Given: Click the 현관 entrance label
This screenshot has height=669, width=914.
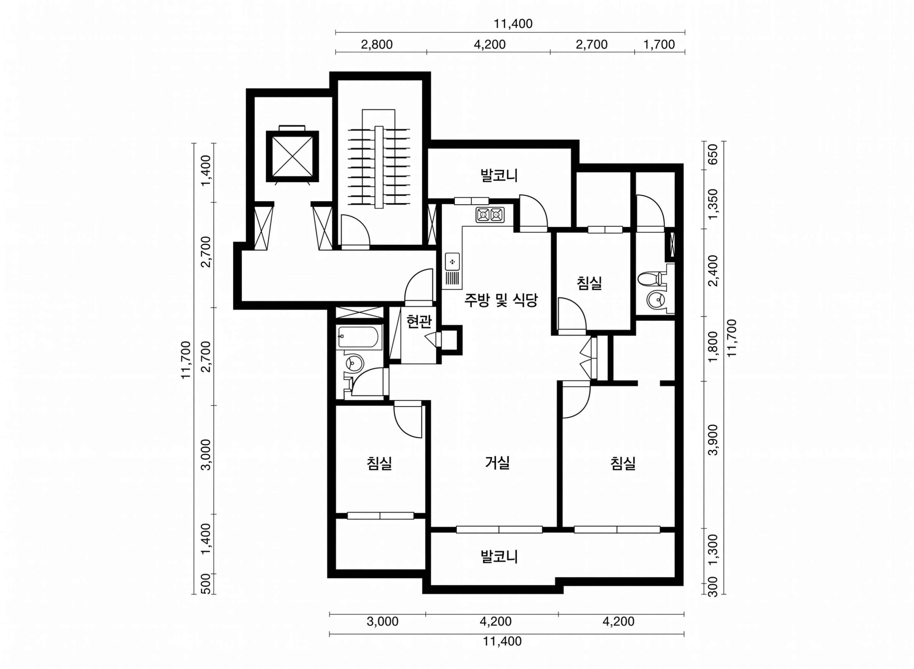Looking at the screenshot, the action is coord(419,322).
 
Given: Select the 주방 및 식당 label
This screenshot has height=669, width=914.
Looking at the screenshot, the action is coord(501,300).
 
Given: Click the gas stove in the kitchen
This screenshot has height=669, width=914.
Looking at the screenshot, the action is coord(490,215).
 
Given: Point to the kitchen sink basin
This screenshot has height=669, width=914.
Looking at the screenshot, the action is coord(452,261).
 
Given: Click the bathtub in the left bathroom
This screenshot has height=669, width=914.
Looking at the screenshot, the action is coord(359,337).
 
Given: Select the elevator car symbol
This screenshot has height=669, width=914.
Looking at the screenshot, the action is coord(292,156).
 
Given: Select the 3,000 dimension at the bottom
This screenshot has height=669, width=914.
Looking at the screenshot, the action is coord(382,621).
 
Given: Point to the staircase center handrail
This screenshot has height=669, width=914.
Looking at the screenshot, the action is coord(379,167).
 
